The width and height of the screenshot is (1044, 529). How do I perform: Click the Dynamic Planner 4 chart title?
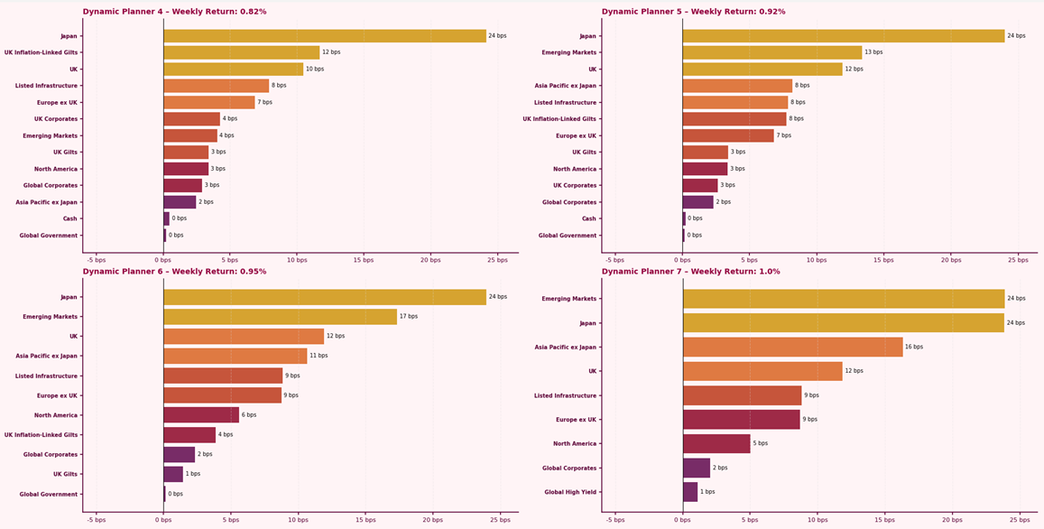pyautogui.click(x=174, y=12)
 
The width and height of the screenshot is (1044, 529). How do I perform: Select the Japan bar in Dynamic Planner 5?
pyautogui.click(x=843, y=36)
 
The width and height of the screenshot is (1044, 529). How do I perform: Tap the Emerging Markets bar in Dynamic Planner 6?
pyautogui.click(x=280, y=317)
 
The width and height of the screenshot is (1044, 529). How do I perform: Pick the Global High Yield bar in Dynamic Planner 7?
pyautogui.click(x=690, y=492)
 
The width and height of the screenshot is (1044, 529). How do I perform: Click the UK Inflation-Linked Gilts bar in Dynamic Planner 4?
pyautogui.click(x=241, y=52)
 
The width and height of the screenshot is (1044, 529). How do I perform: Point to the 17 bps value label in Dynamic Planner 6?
pyautogui.click(x=408, y=317)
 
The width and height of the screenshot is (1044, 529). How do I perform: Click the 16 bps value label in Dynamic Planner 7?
pyautogui.click(x=914, y=347)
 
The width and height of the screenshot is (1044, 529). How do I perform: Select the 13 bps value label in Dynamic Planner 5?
pyautogui.click(x=873, y=52)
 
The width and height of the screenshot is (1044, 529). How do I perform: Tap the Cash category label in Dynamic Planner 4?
pyautogui.click(x=69, y=218)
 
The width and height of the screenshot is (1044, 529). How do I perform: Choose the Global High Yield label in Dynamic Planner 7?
pyautogui.click(x=570, y=492)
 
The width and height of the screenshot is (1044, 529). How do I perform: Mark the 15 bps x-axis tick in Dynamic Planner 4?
pyautogui.click(x=364, y=260)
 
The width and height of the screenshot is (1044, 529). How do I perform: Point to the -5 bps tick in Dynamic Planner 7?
pyautogui.click(x=615, y=520)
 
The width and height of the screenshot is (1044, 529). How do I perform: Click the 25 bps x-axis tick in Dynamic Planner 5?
pyautogui.click(x=1018, y=260)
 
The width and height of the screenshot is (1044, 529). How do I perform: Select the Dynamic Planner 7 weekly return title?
pyautogui.click(x=690, y=272)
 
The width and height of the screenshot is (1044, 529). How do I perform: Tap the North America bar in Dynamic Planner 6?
pyautogui.click(x=201, y=415)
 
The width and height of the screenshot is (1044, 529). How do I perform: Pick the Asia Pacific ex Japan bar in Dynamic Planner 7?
pyautogui.click(x=792, y=347)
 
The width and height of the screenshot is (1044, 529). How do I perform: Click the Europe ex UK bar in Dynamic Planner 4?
pyautogui.click(x=208, y=102)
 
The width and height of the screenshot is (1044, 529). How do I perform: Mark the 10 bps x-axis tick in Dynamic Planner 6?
pyautogui.click(x=298, y=520)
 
